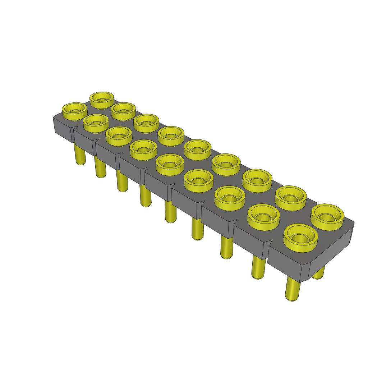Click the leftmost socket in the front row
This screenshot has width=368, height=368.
[x=75, y=110]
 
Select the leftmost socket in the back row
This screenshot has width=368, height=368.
[x=102, y=99]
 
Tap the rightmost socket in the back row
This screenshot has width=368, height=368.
[x=327, y=216]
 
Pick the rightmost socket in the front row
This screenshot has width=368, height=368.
[x=301, y=236]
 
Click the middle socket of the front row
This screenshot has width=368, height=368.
[x=170, y=164]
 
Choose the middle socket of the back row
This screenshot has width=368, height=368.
[x=197, y=149]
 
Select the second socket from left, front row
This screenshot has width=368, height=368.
[x=96, y=123]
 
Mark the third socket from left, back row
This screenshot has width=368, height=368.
[x=146, y=123]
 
